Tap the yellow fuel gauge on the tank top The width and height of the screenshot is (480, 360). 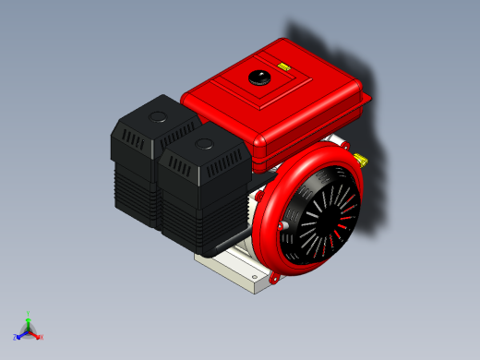[283, 67]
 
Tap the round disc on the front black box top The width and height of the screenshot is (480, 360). [203, 144]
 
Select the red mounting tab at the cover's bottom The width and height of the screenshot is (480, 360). [274, 274]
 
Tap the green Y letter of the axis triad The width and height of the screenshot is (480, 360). [29, 314]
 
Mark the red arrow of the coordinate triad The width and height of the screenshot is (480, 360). [35, 333]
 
